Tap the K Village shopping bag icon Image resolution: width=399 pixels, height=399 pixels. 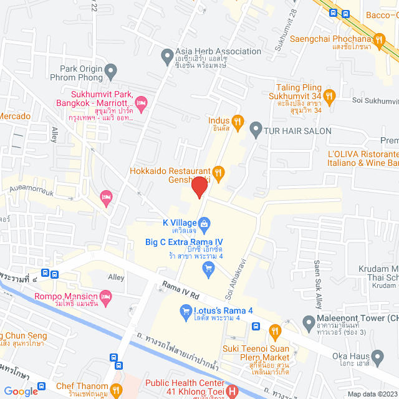pos(204,222)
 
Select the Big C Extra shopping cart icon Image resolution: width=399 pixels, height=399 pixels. pos(208,268)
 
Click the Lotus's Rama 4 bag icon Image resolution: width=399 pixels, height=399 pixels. pos(185,310)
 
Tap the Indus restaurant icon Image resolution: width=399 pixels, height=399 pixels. pos(237,121)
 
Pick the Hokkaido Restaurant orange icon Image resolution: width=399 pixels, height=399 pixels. pos(218,171)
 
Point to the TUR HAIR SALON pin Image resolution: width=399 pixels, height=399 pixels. pos(255,130)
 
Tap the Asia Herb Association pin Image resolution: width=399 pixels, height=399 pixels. pos(167,57)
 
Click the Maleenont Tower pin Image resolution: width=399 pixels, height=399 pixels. pos(308,322)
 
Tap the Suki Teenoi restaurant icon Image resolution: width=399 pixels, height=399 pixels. pos(274,330)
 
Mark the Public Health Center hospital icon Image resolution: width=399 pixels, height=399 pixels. pos(232,392)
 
